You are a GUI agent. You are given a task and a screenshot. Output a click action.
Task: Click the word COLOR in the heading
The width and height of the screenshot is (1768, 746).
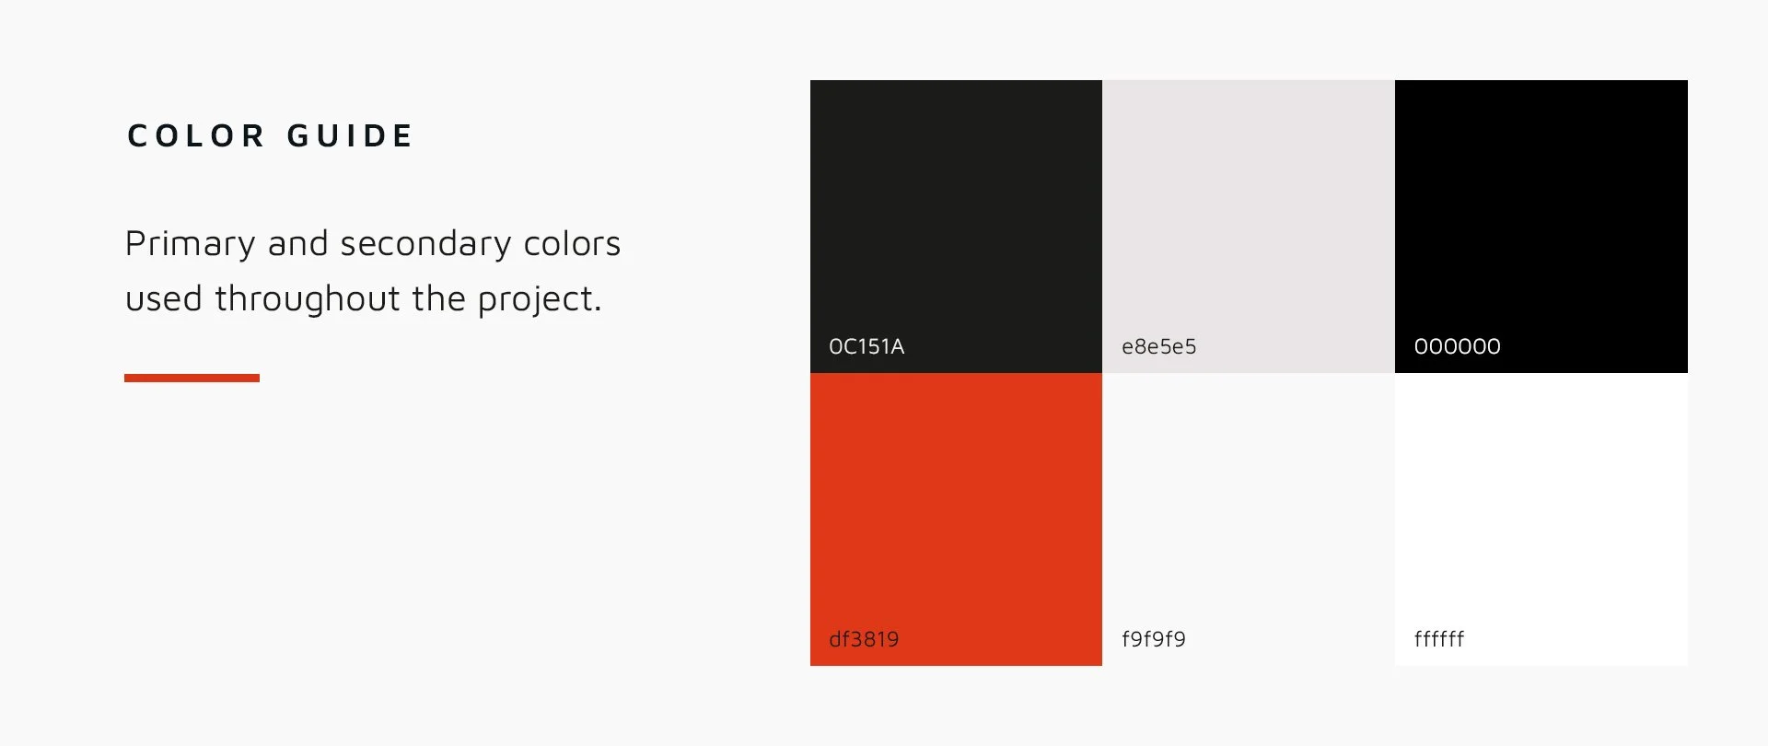point(196,136)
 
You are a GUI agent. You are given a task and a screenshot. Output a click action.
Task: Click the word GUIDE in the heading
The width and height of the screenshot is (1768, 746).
point(350,136)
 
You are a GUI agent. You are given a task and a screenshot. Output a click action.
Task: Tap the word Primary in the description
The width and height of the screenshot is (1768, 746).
point(190,244)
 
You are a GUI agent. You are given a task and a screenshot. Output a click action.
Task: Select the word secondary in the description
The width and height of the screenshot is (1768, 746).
point(425,244)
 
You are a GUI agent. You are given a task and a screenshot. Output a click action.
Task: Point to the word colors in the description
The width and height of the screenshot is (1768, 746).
point(572,244)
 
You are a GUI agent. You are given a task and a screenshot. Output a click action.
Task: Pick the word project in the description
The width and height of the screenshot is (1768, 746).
point(539,299)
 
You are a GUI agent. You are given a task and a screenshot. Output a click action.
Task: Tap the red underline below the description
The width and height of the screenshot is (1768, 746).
point(192,378)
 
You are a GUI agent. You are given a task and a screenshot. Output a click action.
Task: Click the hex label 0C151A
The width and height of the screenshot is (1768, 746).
point(867,346)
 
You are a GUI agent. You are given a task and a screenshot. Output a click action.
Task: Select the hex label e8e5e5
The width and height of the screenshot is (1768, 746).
point(1158,346)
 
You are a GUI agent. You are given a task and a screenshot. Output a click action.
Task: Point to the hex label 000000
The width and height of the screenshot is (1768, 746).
point(1457,346)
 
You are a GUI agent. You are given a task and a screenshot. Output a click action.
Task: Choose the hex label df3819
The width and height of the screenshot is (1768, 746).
point(864,639)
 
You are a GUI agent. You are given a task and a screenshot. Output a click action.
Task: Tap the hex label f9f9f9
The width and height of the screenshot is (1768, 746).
point(1153,639)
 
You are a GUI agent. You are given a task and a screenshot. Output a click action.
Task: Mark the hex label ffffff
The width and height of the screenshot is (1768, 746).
point(1438,639)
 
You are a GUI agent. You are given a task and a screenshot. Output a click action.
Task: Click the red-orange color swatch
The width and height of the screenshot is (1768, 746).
point(956,507)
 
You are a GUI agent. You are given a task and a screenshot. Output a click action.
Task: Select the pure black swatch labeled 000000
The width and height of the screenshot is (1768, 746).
point(1541,212)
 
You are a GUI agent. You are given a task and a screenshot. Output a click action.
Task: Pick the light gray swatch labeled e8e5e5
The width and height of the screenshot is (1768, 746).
point(1248,212)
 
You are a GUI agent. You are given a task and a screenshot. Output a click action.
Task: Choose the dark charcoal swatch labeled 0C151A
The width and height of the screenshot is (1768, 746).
point(956,212)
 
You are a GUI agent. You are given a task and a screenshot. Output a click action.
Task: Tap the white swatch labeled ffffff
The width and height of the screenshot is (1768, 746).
point(1541,507)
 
